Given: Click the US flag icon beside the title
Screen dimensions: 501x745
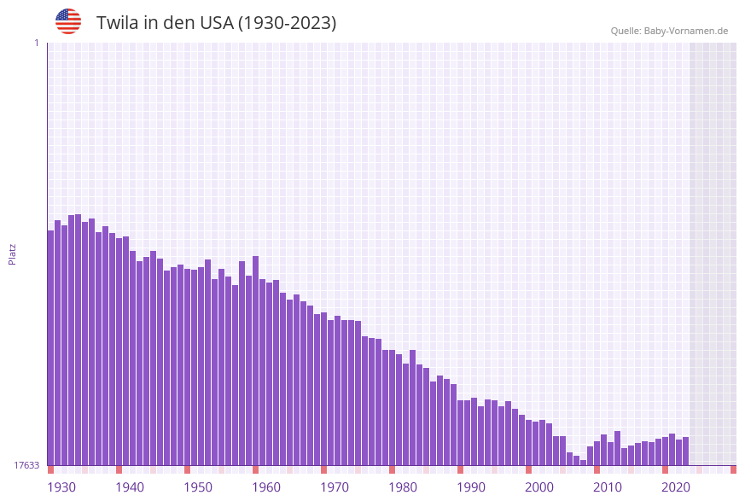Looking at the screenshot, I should click(68, 21).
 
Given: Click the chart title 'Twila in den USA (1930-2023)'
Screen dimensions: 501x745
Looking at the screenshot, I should click(216, 23).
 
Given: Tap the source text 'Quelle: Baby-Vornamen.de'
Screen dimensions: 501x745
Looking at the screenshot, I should click(669, 31).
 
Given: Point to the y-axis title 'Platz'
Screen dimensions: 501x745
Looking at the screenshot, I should click(13, 253).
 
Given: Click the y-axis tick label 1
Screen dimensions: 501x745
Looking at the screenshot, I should click(36, 43).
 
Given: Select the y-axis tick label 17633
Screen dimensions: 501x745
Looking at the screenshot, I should click(26, 465).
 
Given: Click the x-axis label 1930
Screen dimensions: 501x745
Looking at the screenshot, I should click(61, 487).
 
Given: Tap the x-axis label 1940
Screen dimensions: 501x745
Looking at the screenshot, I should click(130, 487).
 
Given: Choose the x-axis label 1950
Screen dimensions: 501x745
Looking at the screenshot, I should click(198, 487).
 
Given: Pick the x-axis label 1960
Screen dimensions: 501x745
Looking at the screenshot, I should click(266, 487).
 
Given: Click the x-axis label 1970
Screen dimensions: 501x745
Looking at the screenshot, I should click(335, 487).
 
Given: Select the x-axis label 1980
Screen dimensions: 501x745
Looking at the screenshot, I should click(403, 487).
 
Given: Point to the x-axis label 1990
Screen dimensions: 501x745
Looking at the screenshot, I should click(471, 487).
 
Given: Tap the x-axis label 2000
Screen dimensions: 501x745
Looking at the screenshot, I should click(539, 487).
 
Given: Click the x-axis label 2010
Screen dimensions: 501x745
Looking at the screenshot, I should click(608, 487).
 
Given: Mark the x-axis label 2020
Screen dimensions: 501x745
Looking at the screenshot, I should click(676, 487).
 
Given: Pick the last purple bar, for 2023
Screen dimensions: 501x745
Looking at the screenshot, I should click(685, 451).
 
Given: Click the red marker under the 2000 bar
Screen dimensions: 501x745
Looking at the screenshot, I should click(528, 469).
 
